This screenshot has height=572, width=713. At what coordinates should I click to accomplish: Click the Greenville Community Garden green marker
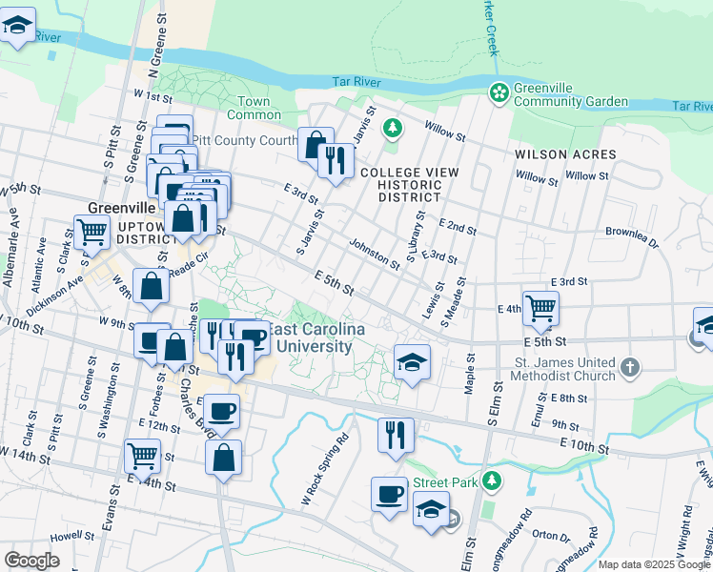(x=498, y=93)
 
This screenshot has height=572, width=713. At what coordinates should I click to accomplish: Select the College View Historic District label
(x=409, y=185)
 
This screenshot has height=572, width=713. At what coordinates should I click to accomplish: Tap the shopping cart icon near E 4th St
(x=540, y=308)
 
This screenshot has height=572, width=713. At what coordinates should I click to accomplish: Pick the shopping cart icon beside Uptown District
(x=92, y=232)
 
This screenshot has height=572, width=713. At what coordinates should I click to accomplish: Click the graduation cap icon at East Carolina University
(x=411, y=362)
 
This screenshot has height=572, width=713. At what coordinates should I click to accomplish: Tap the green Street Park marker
(x=491, y=480)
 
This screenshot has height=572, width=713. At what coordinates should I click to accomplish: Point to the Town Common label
(x=254, y=108)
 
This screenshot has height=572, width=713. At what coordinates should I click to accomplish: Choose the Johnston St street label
(x=374, y=254)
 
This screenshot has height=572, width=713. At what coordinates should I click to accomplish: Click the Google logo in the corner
(x=31, y=561)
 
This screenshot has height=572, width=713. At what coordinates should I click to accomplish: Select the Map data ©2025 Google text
(x=654, y=564)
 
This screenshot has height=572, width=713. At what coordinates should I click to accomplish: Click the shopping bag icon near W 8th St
(x=152, y=286)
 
